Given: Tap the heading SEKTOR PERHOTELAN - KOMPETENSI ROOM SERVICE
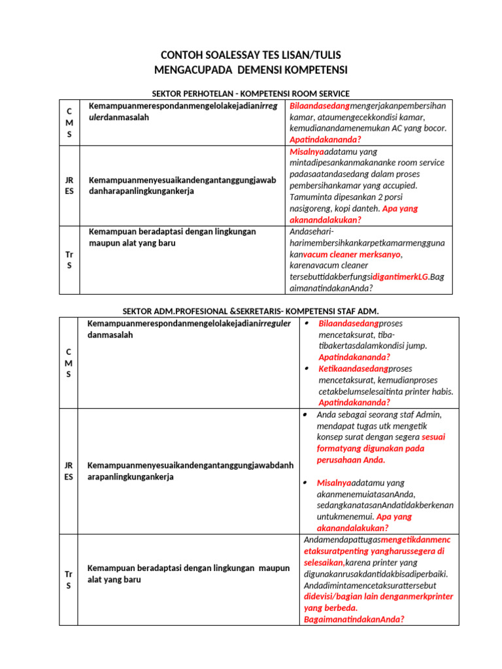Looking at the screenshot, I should click(x=251, y=94).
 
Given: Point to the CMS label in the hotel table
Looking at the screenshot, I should click(x=69, y=122).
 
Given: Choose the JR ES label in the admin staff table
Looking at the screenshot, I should click(x=69, y=471).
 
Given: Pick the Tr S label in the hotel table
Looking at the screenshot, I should click(x=69, y=259).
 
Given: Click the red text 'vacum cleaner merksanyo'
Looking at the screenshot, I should click(x=352, y=255).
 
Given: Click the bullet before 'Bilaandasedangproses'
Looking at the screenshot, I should click(x=307, y=323).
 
